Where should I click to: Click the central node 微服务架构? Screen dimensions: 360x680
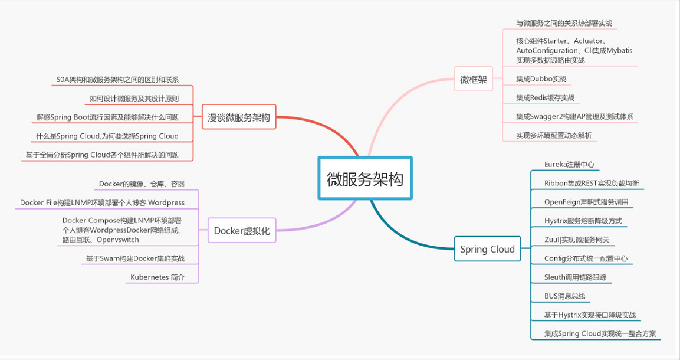pos(365,179)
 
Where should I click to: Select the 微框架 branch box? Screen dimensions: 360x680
pos(474,80)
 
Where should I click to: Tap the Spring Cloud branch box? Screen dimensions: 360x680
pos(487,249)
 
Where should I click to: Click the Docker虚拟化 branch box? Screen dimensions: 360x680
pos(242,231)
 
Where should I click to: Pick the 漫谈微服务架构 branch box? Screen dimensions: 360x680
pos(239,117)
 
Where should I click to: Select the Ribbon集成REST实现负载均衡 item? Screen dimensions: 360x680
pos(591,184)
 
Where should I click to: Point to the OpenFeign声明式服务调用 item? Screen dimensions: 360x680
pos(586,202)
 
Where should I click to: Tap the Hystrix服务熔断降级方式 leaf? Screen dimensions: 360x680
pos(582,221)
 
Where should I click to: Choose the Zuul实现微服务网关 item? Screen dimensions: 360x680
pos(577,240)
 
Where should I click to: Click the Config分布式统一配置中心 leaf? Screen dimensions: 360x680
pos(585,258)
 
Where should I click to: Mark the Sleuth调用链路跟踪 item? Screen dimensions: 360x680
pos(575,277)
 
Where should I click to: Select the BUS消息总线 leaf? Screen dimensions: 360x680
pos(564,296)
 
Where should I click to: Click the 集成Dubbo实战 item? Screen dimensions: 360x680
pos(541,79)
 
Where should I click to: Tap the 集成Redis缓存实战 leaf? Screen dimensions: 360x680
pos(545,98)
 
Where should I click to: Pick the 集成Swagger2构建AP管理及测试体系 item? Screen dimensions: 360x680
pos(574,117)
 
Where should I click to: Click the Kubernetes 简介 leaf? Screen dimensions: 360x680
pos(157,277)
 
